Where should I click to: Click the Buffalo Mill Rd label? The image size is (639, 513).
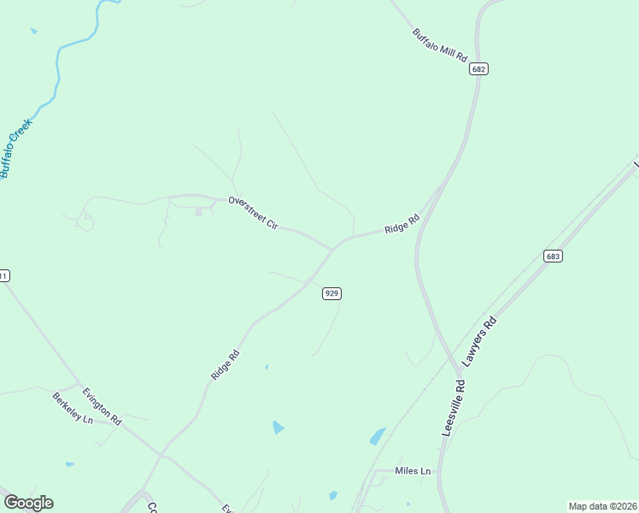441,44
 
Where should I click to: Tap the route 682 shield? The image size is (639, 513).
478,68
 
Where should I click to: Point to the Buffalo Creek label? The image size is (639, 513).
15,147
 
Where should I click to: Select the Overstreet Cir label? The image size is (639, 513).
253,212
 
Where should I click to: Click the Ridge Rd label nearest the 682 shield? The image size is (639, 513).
402,223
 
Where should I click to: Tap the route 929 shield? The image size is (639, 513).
332,293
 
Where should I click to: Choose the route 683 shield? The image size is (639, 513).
553,256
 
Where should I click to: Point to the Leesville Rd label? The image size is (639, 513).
454,408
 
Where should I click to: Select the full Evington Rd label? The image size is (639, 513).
102,406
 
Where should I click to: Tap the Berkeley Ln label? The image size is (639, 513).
72,410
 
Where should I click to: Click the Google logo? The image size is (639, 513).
28,503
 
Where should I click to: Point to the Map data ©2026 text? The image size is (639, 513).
601,506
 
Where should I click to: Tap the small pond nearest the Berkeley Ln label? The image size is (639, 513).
69,464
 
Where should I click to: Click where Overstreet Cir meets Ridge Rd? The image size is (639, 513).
334,249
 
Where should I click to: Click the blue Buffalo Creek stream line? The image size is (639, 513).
58,68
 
